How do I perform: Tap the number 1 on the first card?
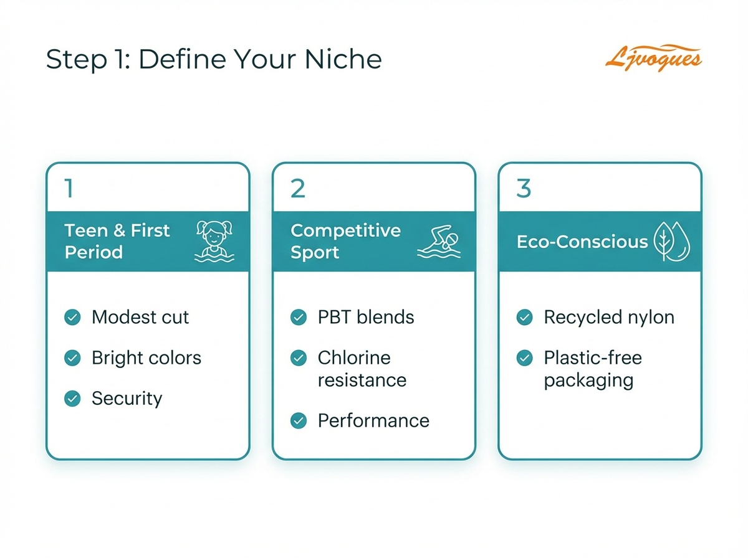pos(69,188)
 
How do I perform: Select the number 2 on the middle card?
pos(297,188)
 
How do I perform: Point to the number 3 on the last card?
pos(524,188)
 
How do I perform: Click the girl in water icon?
pos(214,241)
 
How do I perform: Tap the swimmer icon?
pos(440,242)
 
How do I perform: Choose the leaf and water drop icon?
pos(672,242)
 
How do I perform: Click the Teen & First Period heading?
pos(117,242)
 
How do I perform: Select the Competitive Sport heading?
pos(345,242)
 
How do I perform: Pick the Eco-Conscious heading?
pos(582,242)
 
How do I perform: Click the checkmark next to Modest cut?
pos(73,318)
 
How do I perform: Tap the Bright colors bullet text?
pos(146,358)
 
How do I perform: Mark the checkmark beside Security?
pos(73,399)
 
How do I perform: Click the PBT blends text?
pos(366,318)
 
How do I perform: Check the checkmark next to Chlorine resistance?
pos(299,358)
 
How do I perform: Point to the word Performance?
pos(373,420)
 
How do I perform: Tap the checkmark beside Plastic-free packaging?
pos(525,358)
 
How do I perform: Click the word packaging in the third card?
pos(588,380)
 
